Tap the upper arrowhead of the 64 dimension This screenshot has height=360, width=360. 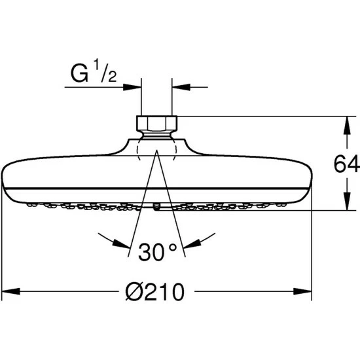click(x=346, y=122)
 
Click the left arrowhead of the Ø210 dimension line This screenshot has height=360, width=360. click(x=8, y=289)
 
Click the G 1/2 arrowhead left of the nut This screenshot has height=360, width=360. click(x=135, y=85)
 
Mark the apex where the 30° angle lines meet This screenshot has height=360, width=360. click(x=156, y=151)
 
